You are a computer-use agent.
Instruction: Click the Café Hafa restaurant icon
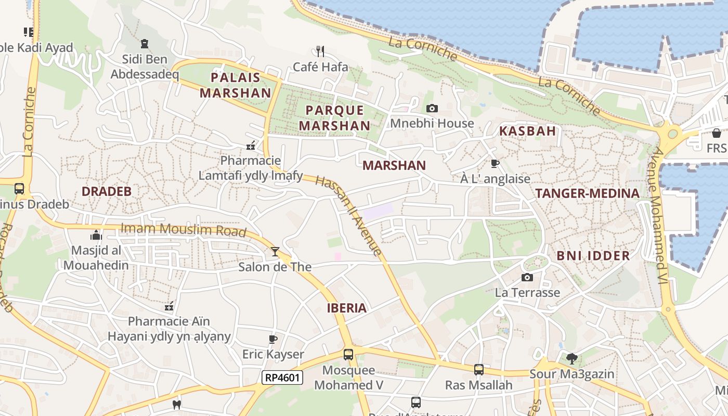pos(320,51)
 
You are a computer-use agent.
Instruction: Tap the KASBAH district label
pos(527,131)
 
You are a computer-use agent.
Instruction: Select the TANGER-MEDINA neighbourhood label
pos(587,193)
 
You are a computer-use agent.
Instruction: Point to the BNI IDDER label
pos(593,255)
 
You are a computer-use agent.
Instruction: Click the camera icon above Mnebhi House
pos(432,109)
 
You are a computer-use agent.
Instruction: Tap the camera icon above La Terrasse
pos(527,277)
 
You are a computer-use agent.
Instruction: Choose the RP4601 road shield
pos(282,378)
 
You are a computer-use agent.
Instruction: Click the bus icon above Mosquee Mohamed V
pos(348,355)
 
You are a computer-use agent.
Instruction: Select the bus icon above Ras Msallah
pos(478,370)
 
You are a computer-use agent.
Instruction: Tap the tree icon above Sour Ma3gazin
pos(571,358)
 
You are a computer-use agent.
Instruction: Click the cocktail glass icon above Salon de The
pos(275,252)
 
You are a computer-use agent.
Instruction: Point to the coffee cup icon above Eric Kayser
pos(272,340)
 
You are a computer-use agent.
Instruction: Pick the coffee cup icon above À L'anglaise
pos(495,163)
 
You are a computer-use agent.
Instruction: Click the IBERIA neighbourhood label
pos(346,308)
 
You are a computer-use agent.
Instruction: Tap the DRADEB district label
pos(107,191)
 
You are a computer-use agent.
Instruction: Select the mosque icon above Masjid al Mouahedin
pos(96,235)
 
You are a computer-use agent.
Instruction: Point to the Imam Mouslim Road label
pos(183,229)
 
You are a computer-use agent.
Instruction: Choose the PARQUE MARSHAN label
pos(334,118)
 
